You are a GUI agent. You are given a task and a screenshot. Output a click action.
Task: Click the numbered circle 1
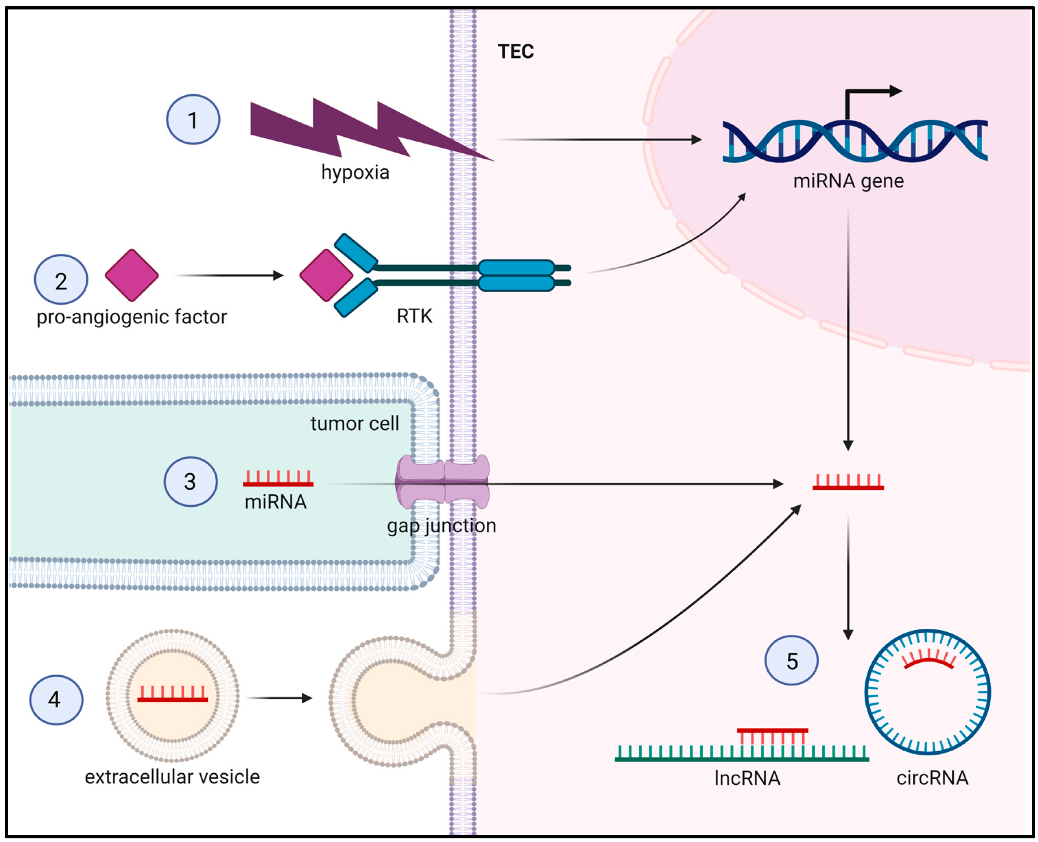click(193, 119)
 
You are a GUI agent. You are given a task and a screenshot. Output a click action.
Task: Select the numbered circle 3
click(190, 481)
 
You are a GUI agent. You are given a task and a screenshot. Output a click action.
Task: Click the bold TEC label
click(515, 51)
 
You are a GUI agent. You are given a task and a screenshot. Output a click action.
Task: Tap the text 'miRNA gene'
click(848, 181)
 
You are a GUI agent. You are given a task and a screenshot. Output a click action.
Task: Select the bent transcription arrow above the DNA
click(869, 97)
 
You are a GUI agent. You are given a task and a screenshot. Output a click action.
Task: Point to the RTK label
click(414, 316)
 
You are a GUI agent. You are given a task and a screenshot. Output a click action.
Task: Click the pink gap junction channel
click(443, 481)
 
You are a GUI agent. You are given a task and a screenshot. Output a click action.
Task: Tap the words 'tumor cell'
click(355, 423)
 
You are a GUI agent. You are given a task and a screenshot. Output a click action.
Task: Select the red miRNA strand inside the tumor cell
click(278, 479)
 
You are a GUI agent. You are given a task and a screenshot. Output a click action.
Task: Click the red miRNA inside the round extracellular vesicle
click(172, 695)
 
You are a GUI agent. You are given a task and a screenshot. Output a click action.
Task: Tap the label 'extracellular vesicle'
click(172, 776)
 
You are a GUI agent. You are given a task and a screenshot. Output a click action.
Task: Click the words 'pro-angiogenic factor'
click(132, 317)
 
